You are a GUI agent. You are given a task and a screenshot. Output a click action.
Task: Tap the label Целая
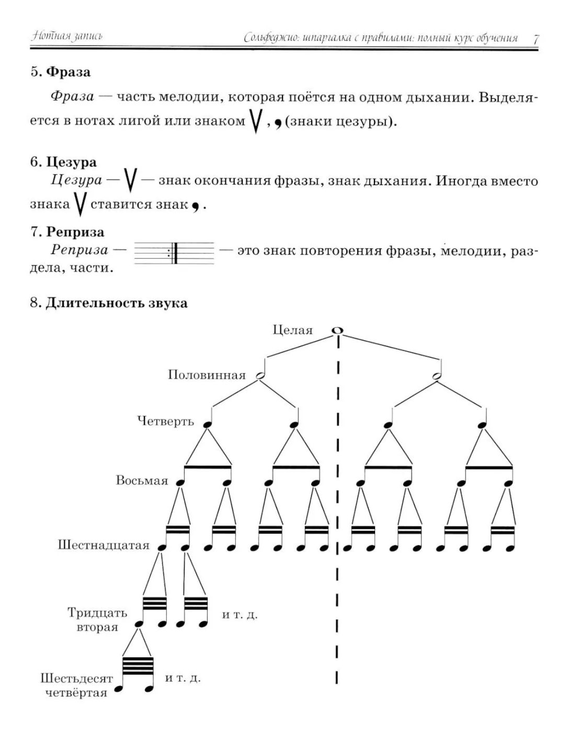(x=293, y=330)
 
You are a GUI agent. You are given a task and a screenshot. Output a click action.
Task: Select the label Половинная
(x=207, y=375)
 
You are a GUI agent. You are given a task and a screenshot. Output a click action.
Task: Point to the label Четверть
(x=165, y=421)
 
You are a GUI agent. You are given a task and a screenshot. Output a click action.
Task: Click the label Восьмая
(x=142, y=481)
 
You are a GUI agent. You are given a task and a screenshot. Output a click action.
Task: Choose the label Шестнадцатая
(x=104, y=545)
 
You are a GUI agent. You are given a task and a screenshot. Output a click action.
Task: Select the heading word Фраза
(x=68, y=72)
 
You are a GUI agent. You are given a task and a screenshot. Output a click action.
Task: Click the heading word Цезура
(x=71, y=162)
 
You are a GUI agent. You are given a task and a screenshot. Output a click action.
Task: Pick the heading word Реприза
(x=75, y=232)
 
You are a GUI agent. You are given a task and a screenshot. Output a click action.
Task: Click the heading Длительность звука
(x=116, y=303)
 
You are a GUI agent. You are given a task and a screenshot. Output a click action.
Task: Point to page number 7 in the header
(x=536, y=39)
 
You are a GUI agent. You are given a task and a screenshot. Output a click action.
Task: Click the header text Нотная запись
(x=66, y=36)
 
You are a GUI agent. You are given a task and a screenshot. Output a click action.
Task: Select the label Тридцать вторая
(x=97, y=620)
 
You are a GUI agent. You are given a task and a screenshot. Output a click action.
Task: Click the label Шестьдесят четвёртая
(x=76, y=686)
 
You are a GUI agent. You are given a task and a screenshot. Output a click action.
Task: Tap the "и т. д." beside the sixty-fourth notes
(x=183, y=678)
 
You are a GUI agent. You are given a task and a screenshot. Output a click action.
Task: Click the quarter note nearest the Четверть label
(x=208, y=424)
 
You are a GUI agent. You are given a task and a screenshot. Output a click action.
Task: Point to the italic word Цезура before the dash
(x=76, y=180)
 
